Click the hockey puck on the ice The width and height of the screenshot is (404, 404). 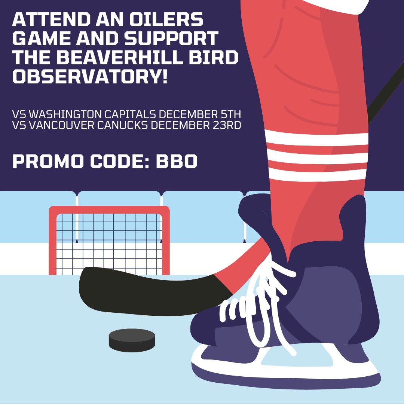click(x=132, y=340)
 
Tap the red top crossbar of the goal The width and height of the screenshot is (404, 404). click(x=108, y=209)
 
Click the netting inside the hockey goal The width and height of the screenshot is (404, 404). click(x=108, y=239)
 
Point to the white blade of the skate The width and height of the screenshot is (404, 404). click(x=284, y=368)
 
